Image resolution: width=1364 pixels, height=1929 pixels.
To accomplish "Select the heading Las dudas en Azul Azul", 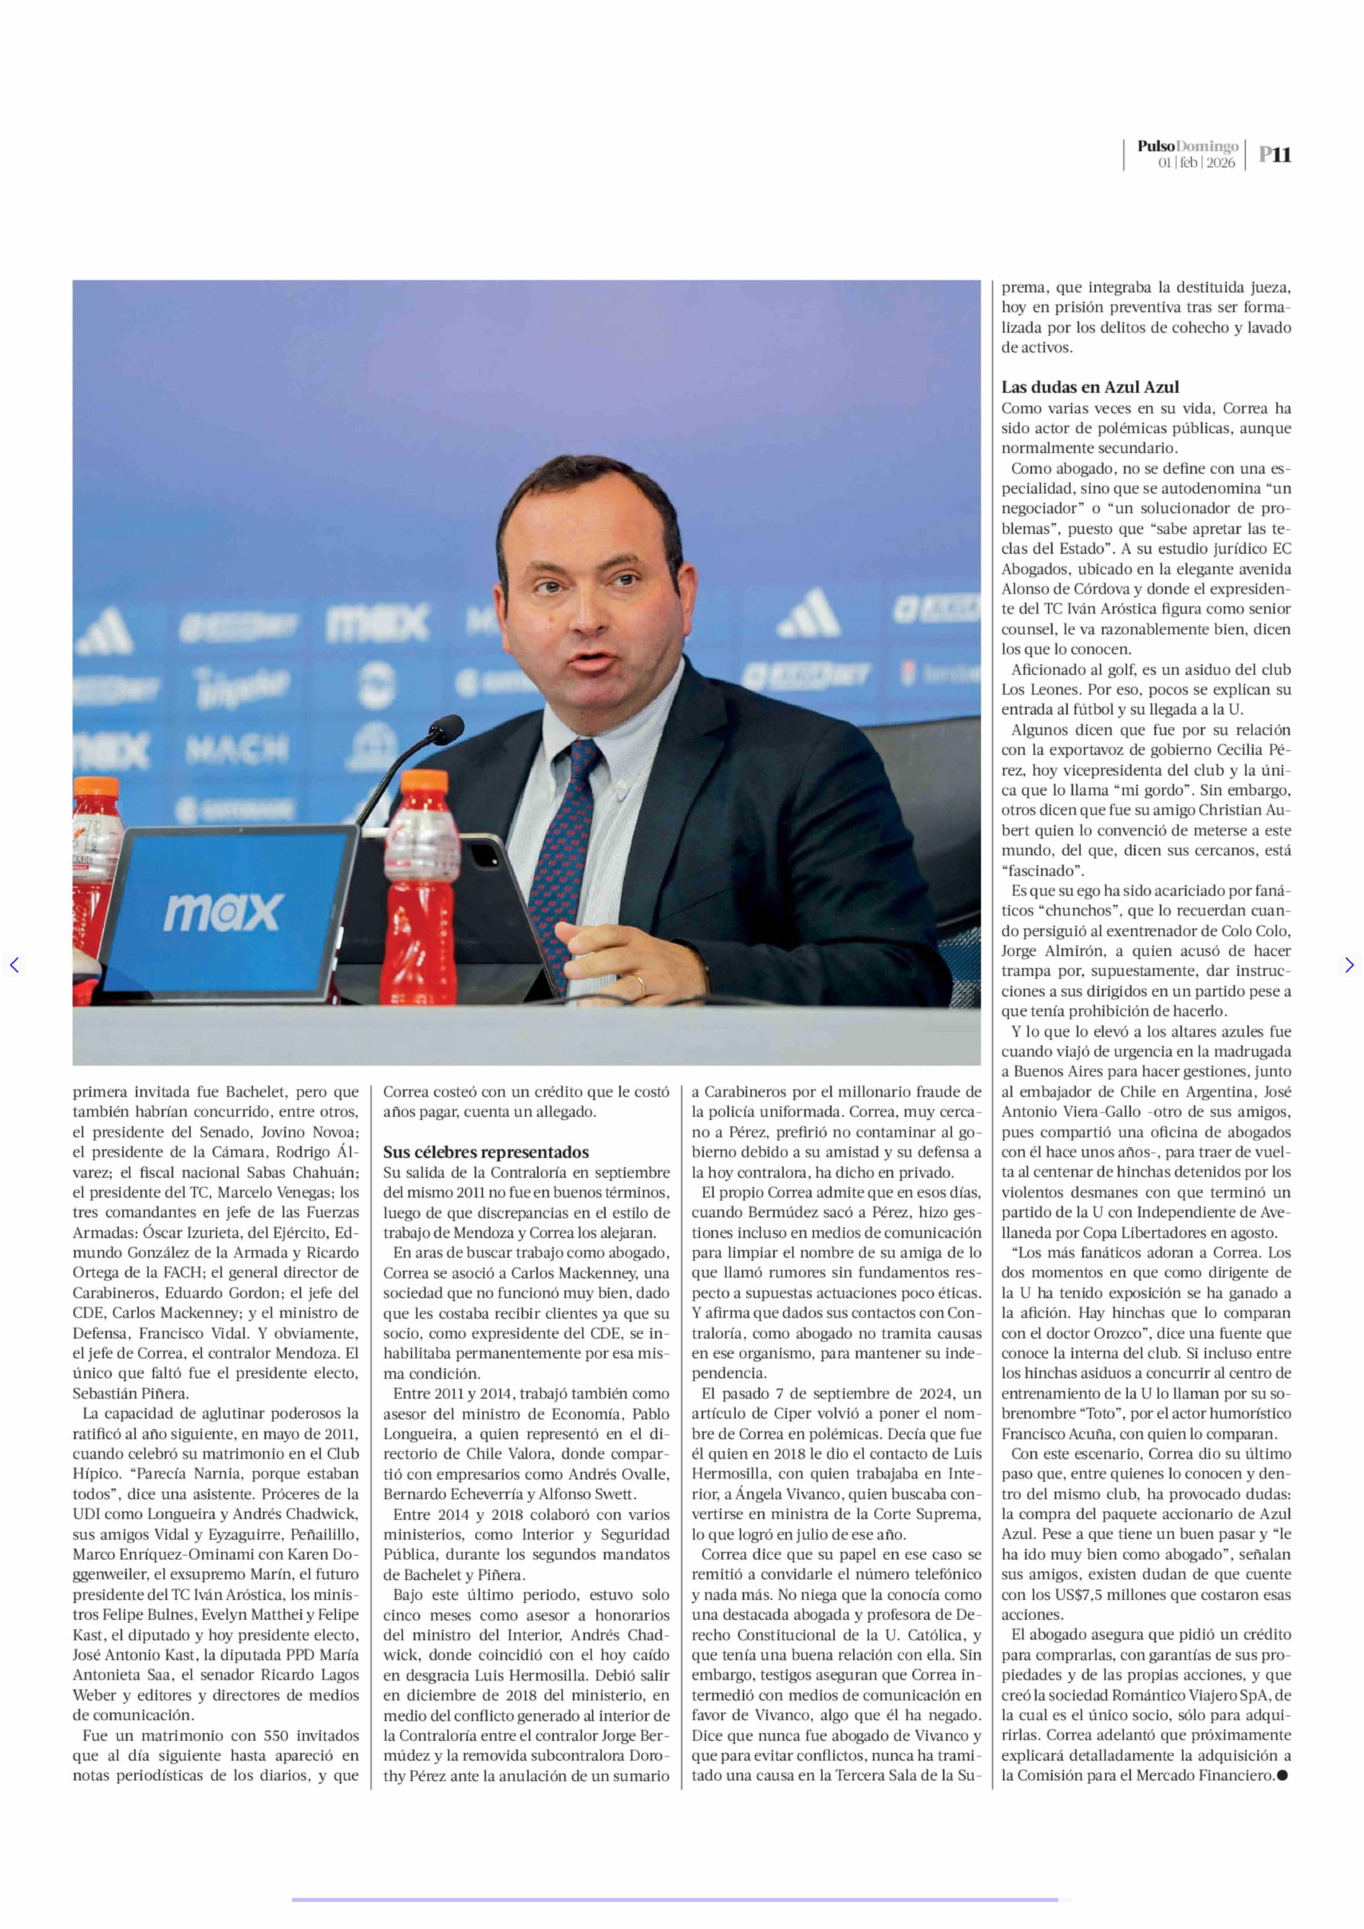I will (x=1089, y=387).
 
